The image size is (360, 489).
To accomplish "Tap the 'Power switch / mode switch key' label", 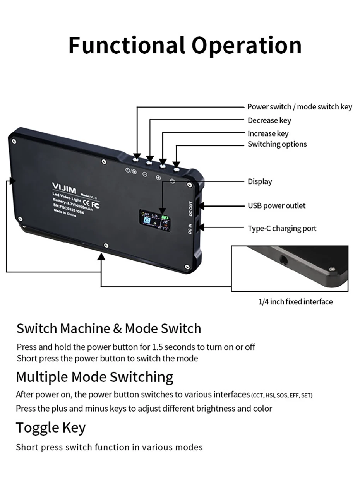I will pos(300,107).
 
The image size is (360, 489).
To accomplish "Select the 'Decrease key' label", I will pos(269,120).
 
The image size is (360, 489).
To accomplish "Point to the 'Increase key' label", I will pos(268,133).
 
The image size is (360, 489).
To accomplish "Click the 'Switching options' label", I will pos(277,144).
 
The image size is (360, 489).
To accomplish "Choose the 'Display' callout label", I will pos(260,181).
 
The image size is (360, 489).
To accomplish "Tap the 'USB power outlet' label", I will pos(276,205).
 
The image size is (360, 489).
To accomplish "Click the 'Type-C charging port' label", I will pos(282,228).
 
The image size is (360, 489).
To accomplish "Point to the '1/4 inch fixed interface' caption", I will pos(295,301).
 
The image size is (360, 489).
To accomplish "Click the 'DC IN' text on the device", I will pos(190,229).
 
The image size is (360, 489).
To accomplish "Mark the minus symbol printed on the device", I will pos(145,174).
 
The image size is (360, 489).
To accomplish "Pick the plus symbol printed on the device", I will pos(158,177).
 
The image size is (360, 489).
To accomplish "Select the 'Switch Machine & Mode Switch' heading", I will pos(109,328).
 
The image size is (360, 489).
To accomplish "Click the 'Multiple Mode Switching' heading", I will pos(94,376).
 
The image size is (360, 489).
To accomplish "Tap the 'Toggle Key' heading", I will pos(51,428).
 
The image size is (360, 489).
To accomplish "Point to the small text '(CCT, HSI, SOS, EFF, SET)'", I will pos(282,395).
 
